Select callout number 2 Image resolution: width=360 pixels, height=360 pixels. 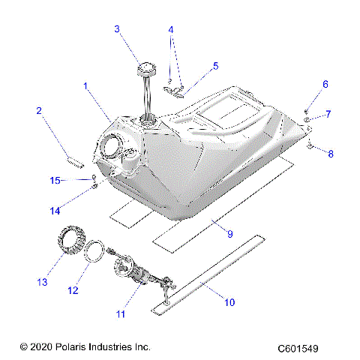point(38,111)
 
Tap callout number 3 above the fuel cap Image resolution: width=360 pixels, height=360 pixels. point(117,29)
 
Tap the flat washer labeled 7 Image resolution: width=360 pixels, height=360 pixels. point(308,119)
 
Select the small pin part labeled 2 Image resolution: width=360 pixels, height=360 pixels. point(71,158)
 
